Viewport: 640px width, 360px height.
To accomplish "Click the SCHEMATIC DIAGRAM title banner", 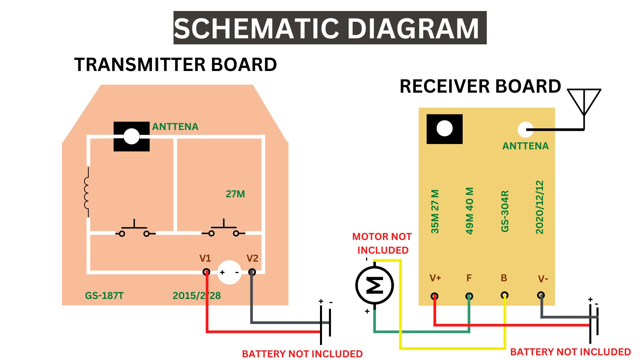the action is point(330,28).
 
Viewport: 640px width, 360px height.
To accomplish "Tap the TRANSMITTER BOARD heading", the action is point(175,65).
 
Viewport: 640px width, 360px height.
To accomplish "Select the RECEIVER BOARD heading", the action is point(480,86).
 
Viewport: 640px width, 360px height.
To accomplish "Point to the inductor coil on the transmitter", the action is point(87,193).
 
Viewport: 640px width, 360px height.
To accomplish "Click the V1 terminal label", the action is point(205,258).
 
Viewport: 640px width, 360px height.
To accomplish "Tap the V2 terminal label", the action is point(252,258).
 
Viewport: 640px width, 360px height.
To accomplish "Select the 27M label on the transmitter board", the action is point(235,194).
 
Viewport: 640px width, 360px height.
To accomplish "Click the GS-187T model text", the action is point(104,296).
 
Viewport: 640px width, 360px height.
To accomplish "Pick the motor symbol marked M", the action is point(375,285).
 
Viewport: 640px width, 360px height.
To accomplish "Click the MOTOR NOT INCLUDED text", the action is point(382,243).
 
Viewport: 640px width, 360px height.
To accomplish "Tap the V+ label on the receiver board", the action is point(435,278).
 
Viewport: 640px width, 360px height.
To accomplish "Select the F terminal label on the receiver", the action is point(469,278).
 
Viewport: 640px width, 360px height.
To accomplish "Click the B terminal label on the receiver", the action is point(504,278).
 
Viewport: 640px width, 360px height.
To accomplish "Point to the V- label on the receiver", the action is point(543,279).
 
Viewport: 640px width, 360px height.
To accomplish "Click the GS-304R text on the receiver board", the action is point(505,211).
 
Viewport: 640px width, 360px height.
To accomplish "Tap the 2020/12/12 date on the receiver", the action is point(540,207).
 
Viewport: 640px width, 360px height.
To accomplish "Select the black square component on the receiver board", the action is point(445,129).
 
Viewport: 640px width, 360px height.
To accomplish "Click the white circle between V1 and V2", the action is point(229,272).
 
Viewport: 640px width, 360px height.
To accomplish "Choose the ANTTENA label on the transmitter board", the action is point(175,127).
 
